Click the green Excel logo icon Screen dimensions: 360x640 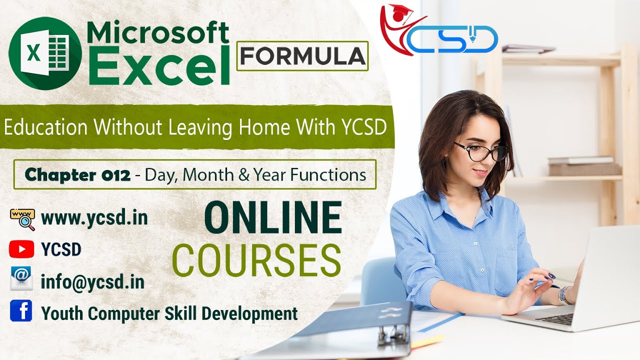click(x=45, y=53)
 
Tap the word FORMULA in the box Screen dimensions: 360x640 click(x=302, y=56)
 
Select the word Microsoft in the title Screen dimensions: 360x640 click(x=158, y=33)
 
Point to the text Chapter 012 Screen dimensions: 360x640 click(x=77, y=174)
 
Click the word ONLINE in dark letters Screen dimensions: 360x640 click(x=273, y=218)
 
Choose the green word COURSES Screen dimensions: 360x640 click(x=256, y=259)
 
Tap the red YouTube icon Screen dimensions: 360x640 click(x=21, y=249)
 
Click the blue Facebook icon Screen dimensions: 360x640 click(x=21, y=311)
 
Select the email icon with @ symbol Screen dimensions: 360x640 click(x=21, y=279)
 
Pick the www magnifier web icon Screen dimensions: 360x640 click(x=22, y=219)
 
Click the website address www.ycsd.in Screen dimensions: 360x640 click(x=94, y=218)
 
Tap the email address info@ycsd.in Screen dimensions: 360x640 click(x=93, y=282)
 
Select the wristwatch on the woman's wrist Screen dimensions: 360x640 click(x=564, y=295)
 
